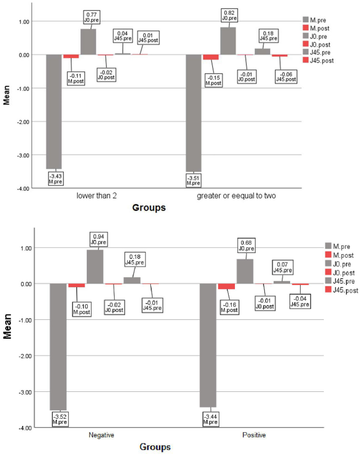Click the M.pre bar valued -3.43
click(x=54, y=112)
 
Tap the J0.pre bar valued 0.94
click(x=95, y=266)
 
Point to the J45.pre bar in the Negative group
click(x=132, y=280)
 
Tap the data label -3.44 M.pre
click(x=210, y=419)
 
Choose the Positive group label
click(x=254, y=436)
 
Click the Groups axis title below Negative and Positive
click(x=155, y=447)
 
